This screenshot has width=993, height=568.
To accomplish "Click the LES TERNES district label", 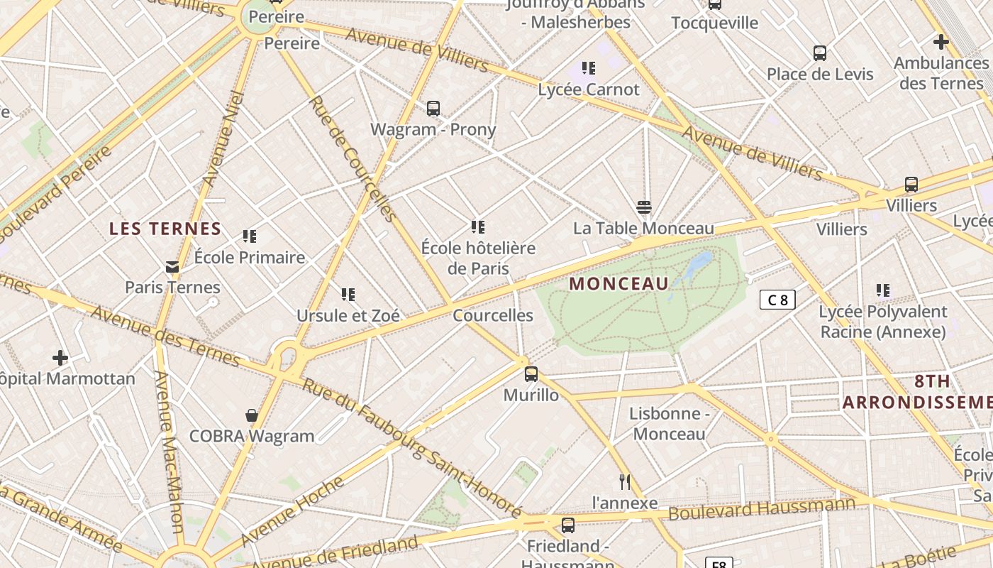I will pyautogui.click(x=165, y=229).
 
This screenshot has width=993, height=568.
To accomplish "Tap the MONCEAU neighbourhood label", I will pyautogui.click(x=618, y=284).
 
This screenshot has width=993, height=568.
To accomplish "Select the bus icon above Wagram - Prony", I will pyautogui.click(x=433, y=109).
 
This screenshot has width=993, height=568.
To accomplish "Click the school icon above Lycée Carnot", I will pyautogui.click(x=588, y=68).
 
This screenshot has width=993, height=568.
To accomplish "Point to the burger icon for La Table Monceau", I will pyautogui.click(x=644, y=207).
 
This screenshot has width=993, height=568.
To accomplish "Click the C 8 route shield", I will pyautogui.click(x=777, y=300).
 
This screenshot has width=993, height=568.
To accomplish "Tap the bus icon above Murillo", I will pyautogui.click(x=531, y=374).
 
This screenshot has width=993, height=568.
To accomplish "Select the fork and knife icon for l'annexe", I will pyautogui.click(x=625, y=482).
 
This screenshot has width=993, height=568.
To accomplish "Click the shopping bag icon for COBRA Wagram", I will pyautogui.click(x=251, y=415).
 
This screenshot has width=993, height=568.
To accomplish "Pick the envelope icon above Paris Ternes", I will pyautogui.click(x=172, y=267).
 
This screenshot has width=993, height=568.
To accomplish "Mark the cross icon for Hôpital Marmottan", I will pyautogui.click(x=60, y=357).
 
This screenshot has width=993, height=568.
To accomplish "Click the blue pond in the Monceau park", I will pyautogui.click(x=699, y=265).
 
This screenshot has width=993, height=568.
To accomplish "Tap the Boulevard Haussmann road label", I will pyautogui.click(x=762, y=508).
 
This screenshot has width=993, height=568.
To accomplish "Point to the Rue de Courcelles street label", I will pyautogui.click(x=352, y=158).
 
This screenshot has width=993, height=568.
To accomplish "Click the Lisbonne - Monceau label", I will pyautogui.click(x=669, y=424).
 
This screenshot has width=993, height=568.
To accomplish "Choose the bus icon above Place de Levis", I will pyautogui.click(x=820, y=53).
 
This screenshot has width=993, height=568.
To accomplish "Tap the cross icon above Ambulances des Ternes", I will pyautogui.click(x=941, y=43).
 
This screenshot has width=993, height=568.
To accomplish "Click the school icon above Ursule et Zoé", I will pyautogui.click(x=348, y=294).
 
